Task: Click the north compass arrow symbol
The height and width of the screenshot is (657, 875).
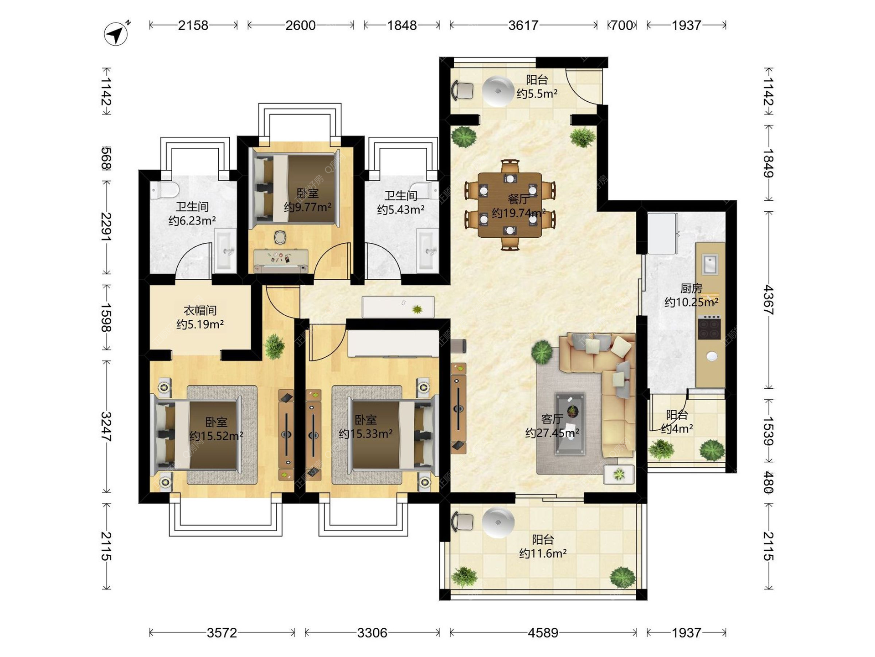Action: [x=116, y=33]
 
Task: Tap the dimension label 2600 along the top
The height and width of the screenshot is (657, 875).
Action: [x=300, y=25]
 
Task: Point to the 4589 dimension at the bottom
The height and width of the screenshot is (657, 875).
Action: [x=543, y=633]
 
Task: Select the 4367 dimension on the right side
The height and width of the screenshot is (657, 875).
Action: [x=769, y=300]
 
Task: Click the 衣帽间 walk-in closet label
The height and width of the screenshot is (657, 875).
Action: [x=200, y=311]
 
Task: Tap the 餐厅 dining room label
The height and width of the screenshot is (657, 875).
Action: [x=519, y=199]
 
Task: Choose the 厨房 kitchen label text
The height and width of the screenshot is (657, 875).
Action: [x=691, y=288]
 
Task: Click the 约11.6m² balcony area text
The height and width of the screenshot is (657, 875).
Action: [x=543, y=553]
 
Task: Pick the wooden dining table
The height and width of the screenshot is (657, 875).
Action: [x=510, y=205]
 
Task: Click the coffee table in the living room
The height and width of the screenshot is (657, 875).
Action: [x=570, y=424]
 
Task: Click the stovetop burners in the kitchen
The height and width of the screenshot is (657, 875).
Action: [x=710, y=327]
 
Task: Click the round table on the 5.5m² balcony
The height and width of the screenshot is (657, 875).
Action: [x=498, y=91]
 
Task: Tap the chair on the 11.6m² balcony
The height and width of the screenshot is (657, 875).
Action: [x=462, y=521]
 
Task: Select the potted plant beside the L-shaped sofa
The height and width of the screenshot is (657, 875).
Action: [x=542, y=352]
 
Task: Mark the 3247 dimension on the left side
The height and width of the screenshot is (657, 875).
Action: [x=107, y=427]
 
